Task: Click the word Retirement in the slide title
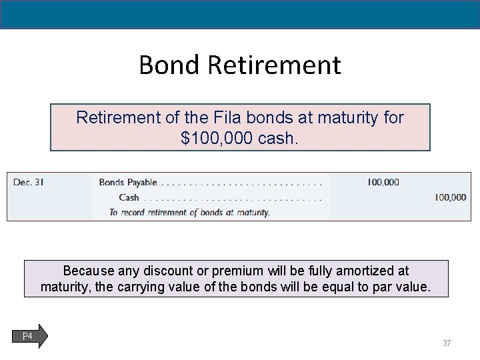coord(274,65)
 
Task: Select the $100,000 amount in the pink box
coord(213,138)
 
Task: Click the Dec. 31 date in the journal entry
coord(29,182)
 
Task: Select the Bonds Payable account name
coord(128,182)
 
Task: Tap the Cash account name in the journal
coord(129,197)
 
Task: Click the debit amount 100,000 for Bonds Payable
coord(383,182)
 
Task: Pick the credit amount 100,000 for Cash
coord(450,197)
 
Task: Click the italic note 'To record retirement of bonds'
coord(189,213)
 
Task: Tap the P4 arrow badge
coord(29,336)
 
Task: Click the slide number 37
coord(447,343)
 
